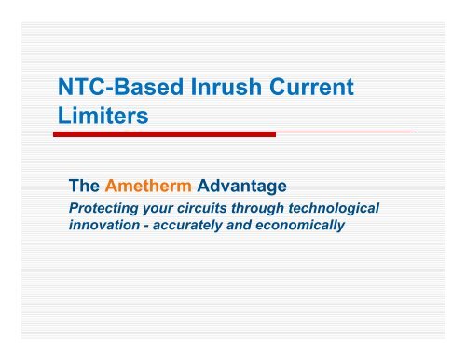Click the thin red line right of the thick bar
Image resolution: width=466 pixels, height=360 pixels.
(x=344, y=133)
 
